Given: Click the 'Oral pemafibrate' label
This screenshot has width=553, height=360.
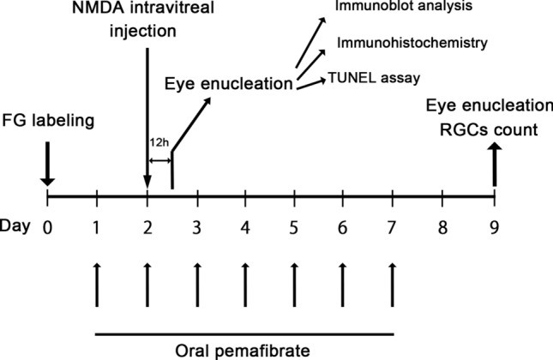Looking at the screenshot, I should tap(245, 349).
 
